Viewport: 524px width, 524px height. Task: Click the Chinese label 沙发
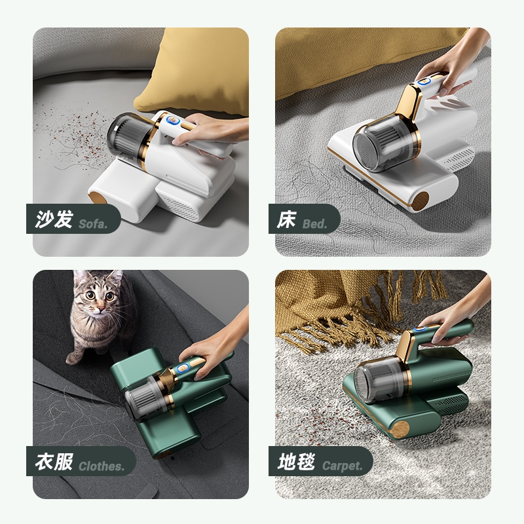tap(54, 219)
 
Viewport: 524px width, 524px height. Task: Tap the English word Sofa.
tap(93, 223)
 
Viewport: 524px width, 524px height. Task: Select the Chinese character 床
tap(286, 219)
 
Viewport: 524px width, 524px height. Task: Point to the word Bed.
tap(315, 223)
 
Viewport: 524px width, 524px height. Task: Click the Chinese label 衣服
tap(54, 462)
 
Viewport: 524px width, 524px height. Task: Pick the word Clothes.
tap(102, 466)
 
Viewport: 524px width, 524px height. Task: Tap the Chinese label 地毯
tap(296, 462)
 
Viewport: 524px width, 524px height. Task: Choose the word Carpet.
tap(343, 466)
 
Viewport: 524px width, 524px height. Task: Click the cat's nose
tap(101, 306)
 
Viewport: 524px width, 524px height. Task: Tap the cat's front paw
tap(73, 358)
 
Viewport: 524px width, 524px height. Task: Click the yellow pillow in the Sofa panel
tap(194, 70)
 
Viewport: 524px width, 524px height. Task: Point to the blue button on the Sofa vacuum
tap(172, 121)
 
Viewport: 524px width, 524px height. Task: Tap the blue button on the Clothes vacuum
tap(183, 368)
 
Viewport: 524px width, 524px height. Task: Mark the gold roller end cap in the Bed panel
tap(420, 201)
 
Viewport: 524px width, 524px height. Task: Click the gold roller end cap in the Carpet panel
tap(400, 430)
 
